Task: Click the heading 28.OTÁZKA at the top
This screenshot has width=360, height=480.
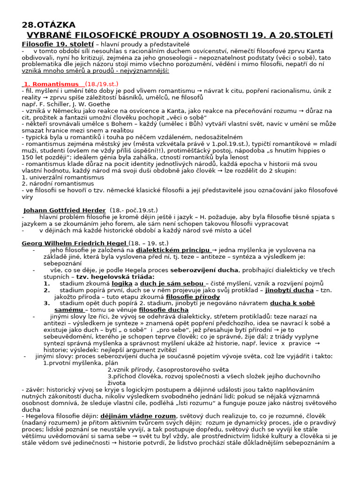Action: (x=49, y=25)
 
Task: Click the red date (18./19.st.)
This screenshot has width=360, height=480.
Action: (x=102, y=84)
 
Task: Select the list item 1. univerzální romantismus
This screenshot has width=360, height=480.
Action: (x=63, y=177)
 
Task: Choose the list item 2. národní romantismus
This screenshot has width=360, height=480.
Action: (x=58, y=184)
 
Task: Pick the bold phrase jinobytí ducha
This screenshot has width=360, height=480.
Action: (x=289, y=290)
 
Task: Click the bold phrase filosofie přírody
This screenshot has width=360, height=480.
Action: (x=193, y=297)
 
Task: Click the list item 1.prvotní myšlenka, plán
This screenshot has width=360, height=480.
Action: (x=80, y=363)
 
